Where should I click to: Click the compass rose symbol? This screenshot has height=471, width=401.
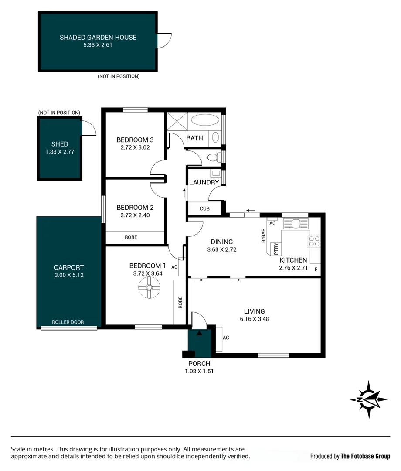pos(369,399)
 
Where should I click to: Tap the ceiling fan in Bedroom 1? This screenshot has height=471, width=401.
pos(149,288)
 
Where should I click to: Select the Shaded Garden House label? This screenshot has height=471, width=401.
pos(98,38)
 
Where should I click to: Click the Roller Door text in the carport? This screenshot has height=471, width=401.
pos(68,322)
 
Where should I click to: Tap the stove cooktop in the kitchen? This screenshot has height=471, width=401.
pos(314,242)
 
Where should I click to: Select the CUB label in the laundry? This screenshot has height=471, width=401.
pos(205,209)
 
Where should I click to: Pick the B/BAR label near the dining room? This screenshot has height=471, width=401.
pos(263,235)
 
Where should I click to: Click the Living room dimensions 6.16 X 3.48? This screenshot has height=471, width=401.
pos(254,319)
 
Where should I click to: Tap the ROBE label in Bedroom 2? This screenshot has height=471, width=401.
pos(131,237)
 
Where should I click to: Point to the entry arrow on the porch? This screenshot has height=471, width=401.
pos(200,333)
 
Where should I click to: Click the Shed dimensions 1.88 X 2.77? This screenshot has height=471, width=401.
pos(60,152)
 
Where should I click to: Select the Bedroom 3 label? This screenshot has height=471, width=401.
pos(135,140)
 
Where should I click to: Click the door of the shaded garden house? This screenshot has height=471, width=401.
pos(165,41)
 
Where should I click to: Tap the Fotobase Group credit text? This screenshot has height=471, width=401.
pos(350,456)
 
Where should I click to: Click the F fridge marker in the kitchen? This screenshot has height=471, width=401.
pos(316,269)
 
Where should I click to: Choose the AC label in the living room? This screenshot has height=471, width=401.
pos(226,338)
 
